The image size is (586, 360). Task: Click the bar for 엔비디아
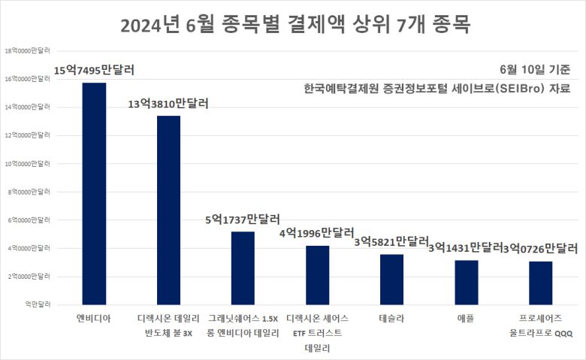(x=94, y=193)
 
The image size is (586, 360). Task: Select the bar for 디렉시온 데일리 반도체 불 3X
(x=168, y=210)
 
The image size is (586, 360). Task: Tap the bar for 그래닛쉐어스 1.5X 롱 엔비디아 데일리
(x=243, y=268)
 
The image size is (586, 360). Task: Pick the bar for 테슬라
(x=391, y=279)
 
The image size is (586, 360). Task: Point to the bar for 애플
(x=466, y=282)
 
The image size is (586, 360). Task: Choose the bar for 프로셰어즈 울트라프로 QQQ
(x=540, y=283)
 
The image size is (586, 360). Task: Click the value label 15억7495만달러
(x=94, y=71)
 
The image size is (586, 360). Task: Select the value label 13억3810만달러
(x=168, y=103)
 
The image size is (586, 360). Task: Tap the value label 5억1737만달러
(x=243, y=219)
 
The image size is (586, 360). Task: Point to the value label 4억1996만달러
(x=316, y=233)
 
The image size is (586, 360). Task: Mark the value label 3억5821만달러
(x=391, y=241)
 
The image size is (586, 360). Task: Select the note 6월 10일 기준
(x=539, y=69)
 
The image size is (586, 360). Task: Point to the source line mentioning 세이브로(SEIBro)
(x=437, y=89)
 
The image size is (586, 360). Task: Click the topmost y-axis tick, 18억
(x=28, y=51)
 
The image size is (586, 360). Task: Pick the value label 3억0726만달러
(x=540, y=247)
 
